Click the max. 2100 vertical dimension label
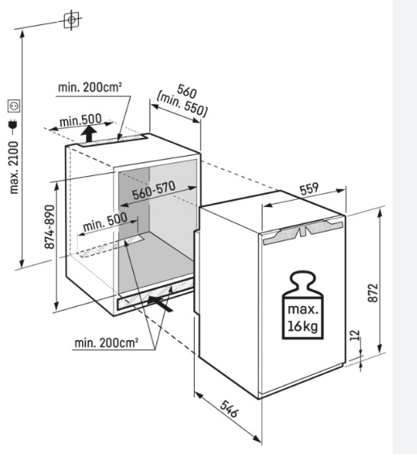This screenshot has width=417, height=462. click(14, 167)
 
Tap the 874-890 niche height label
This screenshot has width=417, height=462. click(49, 227)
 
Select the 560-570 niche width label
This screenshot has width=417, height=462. click(153, 190)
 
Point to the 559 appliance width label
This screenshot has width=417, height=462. click(309, 189)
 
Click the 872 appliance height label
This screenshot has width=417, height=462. click(373, 292)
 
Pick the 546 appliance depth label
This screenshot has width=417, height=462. click(229, 408)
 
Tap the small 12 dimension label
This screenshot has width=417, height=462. click(355, 335)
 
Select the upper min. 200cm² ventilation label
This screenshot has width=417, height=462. click(90, 87)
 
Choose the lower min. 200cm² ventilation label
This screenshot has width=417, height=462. click(106, 343)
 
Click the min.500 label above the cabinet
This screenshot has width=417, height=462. click(80, 119)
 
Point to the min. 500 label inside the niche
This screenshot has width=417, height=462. click(105, 222)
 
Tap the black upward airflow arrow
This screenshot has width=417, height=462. click(89, 134)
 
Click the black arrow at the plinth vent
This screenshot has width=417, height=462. click(161, 303)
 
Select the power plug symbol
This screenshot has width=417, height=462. click(13, 125)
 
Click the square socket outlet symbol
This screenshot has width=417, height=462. click(14, 106)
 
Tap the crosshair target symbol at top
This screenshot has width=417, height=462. click(71, 19)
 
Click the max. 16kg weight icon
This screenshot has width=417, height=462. click(303, 305)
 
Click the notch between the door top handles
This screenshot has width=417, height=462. click(303, 232)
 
